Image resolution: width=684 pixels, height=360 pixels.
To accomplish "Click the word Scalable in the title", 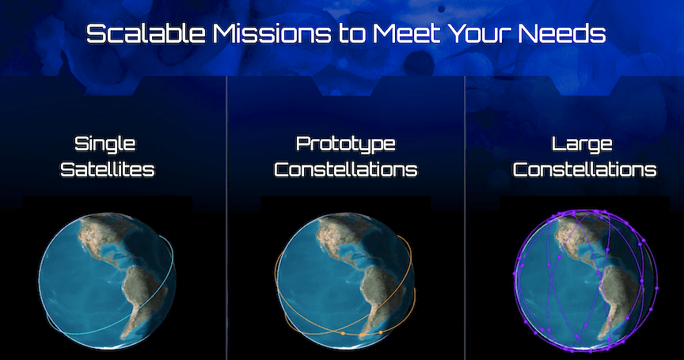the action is [146, 33].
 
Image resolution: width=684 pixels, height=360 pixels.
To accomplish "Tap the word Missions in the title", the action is [272, 33].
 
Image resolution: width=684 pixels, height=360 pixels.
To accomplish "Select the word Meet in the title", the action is [406, 33].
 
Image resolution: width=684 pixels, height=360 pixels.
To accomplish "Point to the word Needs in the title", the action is [562, 33].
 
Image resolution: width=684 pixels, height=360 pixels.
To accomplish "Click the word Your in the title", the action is [479, 33].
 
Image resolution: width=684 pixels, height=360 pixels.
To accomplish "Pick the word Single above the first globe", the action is [105, 144].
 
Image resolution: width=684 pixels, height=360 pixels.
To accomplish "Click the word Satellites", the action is [108, 169].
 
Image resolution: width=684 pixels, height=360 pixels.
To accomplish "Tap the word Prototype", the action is [345, 144].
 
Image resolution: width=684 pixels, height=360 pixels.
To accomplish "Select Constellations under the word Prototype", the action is [345, 169].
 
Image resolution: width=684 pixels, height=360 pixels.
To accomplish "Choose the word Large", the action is [582, 144].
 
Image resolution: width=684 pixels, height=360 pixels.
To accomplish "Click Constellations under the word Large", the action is [584, 169].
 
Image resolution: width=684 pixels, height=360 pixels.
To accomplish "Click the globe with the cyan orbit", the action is [107, 281].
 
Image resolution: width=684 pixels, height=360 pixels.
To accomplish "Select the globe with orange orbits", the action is [345, 281].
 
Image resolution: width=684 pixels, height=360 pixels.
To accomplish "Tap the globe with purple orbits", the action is [584, 281].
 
